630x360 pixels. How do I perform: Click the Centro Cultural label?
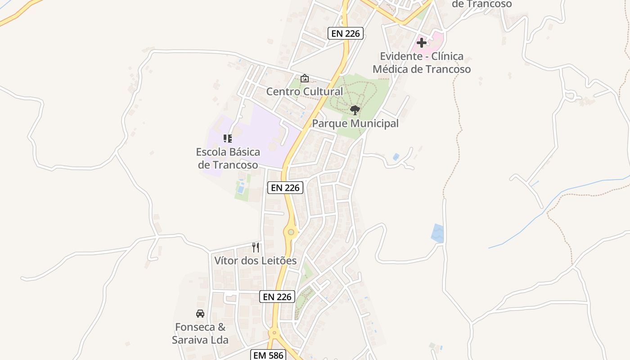(304, 92)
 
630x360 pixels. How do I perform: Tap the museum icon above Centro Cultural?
(305, 78)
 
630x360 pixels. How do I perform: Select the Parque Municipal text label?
(355, 124)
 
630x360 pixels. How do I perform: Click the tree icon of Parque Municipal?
(355, 110)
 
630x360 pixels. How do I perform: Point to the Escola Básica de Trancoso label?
(228, 158)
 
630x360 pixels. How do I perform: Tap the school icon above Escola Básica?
(228, 139)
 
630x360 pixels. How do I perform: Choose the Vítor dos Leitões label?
(255, 261)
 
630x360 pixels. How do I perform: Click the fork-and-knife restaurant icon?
(256, 247)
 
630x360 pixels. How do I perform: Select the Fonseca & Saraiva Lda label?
(200, 333)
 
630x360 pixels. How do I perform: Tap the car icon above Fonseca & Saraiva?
(200, 314)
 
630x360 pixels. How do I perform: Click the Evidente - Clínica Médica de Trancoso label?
(422, 63)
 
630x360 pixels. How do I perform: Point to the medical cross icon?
(422, 43)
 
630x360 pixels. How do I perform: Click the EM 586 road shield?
(268, 355)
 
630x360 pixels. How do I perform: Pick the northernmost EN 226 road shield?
(345, 33)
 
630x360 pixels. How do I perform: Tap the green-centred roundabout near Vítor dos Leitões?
(291, 232)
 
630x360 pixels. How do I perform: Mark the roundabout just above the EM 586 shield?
(274, 333)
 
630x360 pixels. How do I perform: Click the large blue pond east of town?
(437, 233)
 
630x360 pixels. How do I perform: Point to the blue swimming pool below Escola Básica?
(241, 189)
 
